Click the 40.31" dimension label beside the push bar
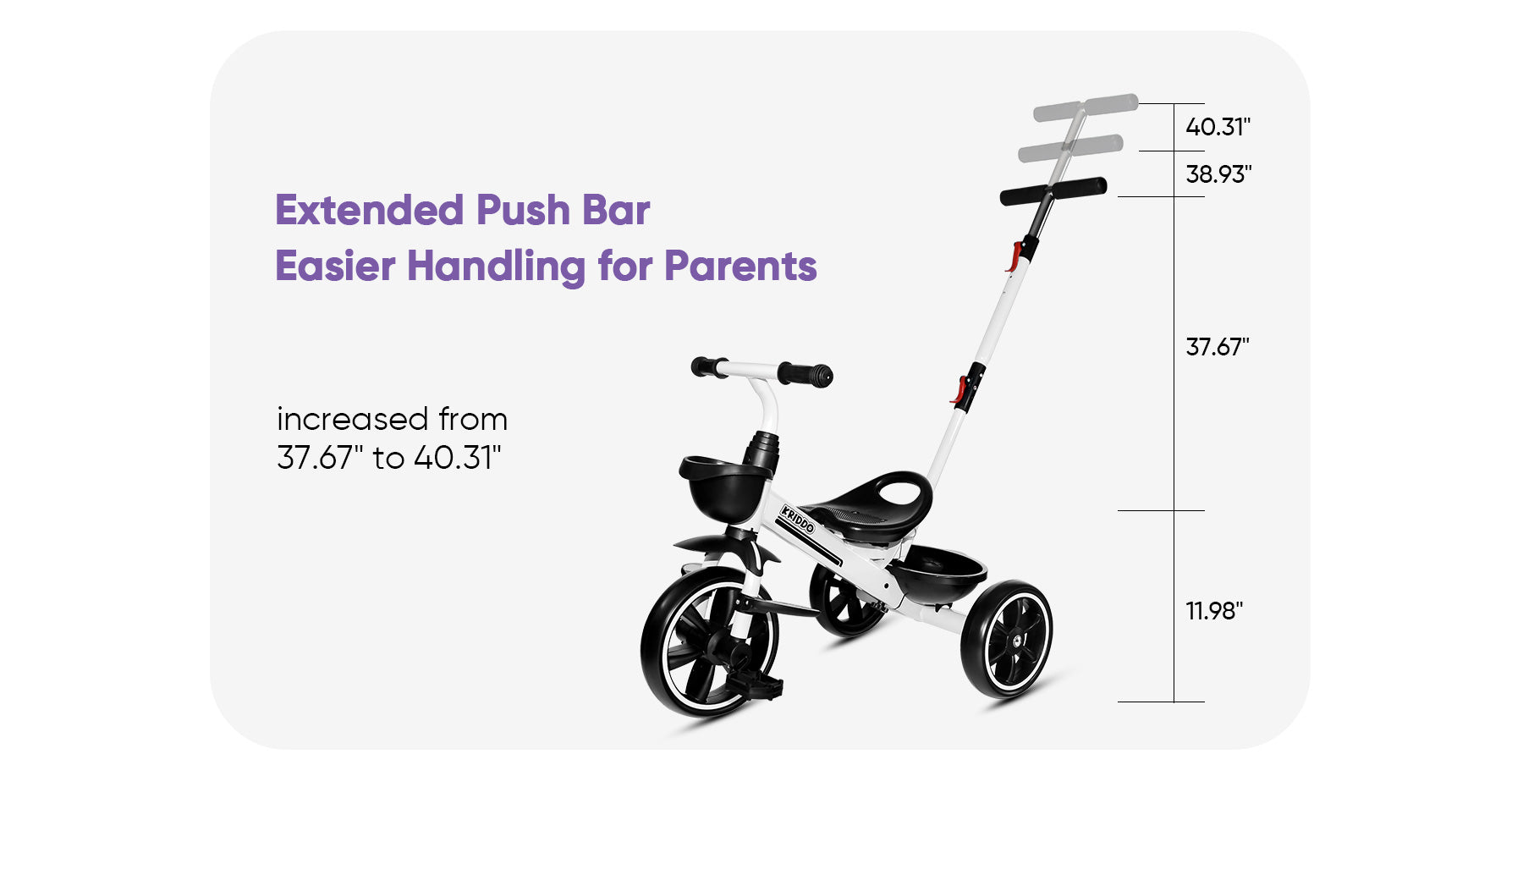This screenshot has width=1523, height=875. pos(1218,127)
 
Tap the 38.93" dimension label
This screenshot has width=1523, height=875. pos(1218,174)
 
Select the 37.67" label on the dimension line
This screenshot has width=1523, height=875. pos(1218,347)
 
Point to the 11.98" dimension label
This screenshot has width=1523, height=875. pos(1214,611)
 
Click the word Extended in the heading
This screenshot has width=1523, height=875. pos(370,210)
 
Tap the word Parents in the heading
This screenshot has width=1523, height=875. pos(740,266)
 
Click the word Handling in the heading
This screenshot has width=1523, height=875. pos(496,267)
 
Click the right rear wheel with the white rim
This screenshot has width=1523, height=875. pos(1007,639)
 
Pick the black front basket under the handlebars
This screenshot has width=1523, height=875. pos(724,489)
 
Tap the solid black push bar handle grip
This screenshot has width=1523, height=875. pos(1053,191)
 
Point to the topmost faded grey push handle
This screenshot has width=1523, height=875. pos(1086,107)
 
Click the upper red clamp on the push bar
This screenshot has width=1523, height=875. pos(1013,256)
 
